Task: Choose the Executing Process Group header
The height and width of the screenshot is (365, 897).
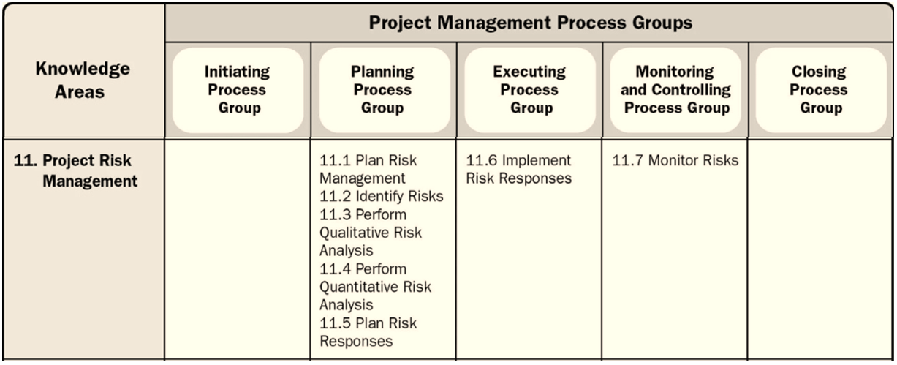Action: pyautogui.click(x=529, y=90)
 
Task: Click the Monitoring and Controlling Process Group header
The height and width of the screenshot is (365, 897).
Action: pyautogui.click(x=675, y=90)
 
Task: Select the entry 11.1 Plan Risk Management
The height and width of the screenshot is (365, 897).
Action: pyautogui.click(x=363, y=168)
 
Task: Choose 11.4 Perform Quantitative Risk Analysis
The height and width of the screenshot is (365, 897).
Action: pyautogui.click(x=374, y=286)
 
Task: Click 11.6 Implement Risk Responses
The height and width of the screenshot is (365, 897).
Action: pyautogui.click(x=518, y=168)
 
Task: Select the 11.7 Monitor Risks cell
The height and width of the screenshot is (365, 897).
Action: pyautogui.click(x=674, y=160)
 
